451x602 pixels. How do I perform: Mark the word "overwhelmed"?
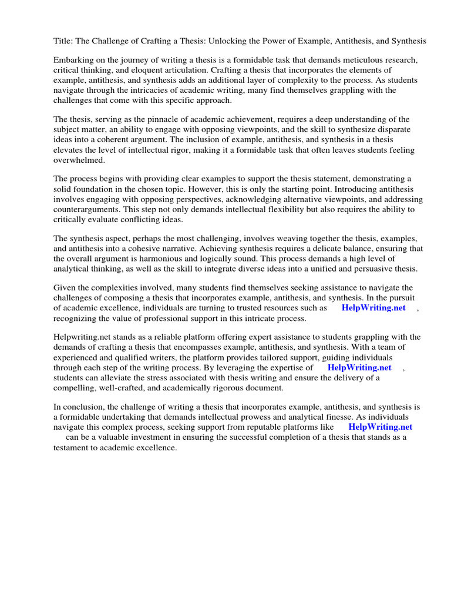click(79, 159)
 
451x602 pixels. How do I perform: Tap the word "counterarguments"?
click(87, 209)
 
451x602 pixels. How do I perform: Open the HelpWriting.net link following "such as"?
click(373, 308)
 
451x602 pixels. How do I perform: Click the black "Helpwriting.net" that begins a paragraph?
click(82, 337)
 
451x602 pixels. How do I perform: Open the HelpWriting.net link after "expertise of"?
click(359, 367)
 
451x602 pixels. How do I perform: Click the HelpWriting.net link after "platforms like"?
click(380, 427)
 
